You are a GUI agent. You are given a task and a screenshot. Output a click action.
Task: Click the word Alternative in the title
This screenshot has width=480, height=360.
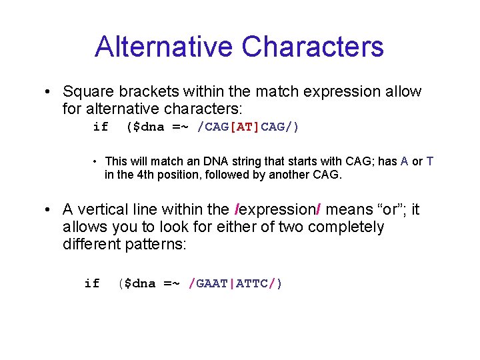[164, 47]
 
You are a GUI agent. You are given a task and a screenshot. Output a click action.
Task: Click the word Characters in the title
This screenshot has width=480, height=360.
[313, 47]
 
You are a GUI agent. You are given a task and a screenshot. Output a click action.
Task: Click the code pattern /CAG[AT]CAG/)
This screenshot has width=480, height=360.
[248, 127]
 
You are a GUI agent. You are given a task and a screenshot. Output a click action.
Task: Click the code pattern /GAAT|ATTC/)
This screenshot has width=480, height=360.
[235, 283]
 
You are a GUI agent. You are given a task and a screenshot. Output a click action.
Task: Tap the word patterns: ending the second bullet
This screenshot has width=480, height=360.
[158, 244]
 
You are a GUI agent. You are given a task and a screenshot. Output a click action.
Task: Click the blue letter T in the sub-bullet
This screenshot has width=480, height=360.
[430, 161]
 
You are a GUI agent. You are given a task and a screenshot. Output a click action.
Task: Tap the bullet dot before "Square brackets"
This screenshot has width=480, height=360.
[49, 92]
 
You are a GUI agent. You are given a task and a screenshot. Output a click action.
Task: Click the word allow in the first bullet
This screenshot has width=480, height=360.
[402, 91]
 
